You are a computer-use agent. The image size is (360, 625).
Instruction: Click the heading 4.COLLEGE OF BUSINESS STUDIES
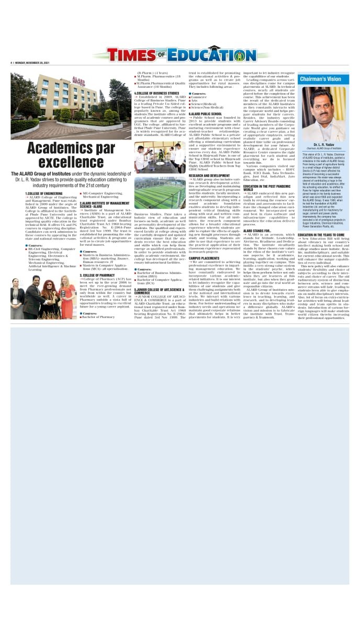157,93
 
